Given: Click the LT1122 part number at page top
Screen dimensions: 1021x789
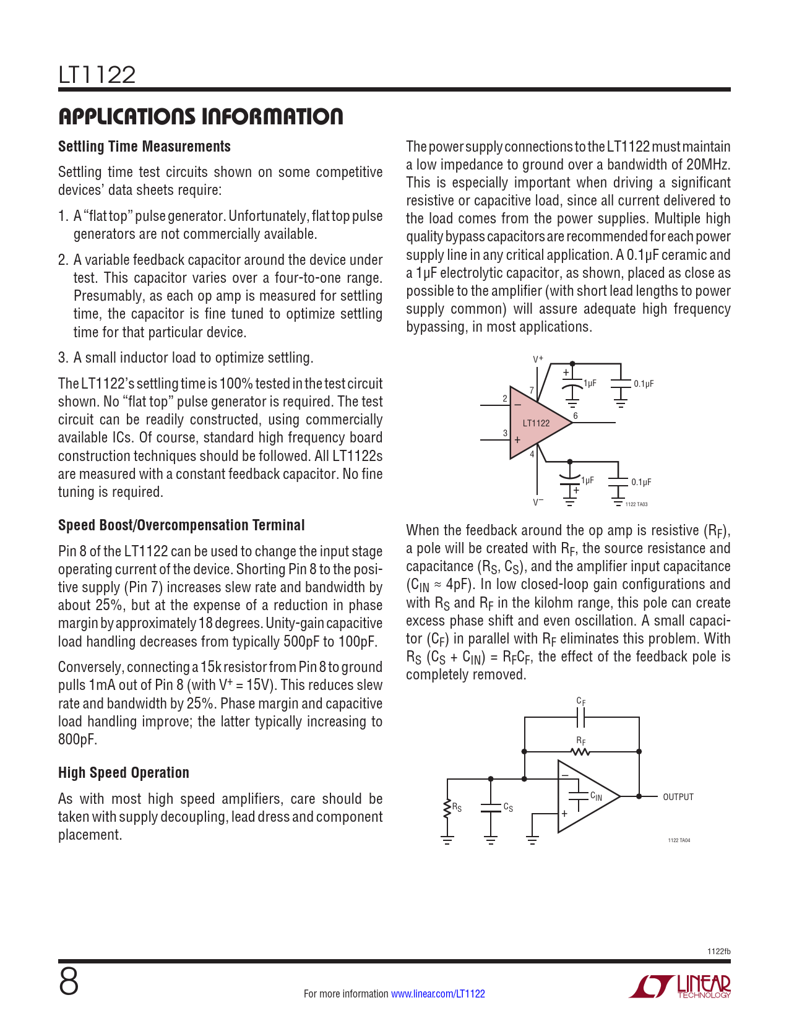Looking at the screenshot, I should pyautogui.click(x=97, y=75).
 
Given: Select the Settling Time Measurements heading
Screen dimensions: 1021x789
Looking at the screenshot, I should pyautogui.click(x=144, y=147).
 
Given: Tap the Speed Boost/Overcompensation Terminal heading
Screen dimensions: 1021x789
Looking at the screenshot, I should pyautogui.click(x=181, y=525).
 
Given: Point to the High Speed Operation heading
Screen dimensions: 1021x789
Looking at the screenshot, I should pyautogui.click(x=124, y=773).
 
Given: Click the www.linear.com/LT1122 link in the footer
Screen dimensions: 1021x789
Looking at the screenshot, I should pyautogui.click(x=438, y=994).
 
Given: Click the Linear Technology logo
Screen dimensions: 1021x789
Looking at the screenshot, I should pyautogui.click(x=680, y=986).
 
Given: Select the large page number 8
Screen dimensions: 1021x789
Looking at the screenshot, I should pyautogui.click(x=69, y=982).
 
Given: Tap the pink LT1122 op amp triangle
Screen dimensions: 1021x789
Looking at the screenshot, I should pyautogui.click(x=535, y=423).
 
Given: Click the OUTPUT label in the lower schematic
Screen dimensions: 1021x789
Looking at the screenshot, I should pyautogui.click(x=678, y=797).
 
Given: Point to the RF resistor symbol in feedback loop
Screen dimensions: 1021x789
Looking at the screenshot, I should pyautogui.click(x=580, y=752).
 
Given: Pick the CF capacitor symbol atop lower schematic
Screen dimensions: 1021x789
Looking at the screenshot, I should pyautogui.click(x=580, y=718).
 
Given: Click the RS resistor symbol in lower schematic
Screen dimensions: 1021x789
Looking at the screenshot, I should pyautogui.click(x=447, y=808).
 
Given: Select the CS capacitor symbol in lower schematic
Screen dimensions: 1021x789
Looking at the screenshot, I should pyautogui.click(x=491, y=808).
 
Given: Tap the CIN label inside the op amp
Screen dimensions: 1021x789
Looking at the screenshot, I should pyautogui.click(x=596, y=796).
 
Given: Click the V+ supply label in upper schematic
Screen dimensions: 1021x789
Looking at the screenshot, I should pyautogui.click(x=538, y=359).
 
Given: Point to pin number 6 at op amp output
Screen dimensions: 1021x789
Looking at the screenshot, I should pyautogui.click(x=576, y=416).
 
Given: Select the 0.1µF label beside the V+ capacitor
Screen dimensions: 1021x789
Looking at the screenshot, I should pyautogui.click(x=644, y=384).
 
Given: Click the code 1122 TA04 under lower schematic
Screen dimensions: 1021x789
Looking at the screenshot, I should pyautogui.click(x=679, y=840).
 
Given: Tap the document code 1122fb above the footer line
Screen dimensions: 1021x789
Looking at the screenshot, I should pyautogui.click(x=718, y=951).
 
